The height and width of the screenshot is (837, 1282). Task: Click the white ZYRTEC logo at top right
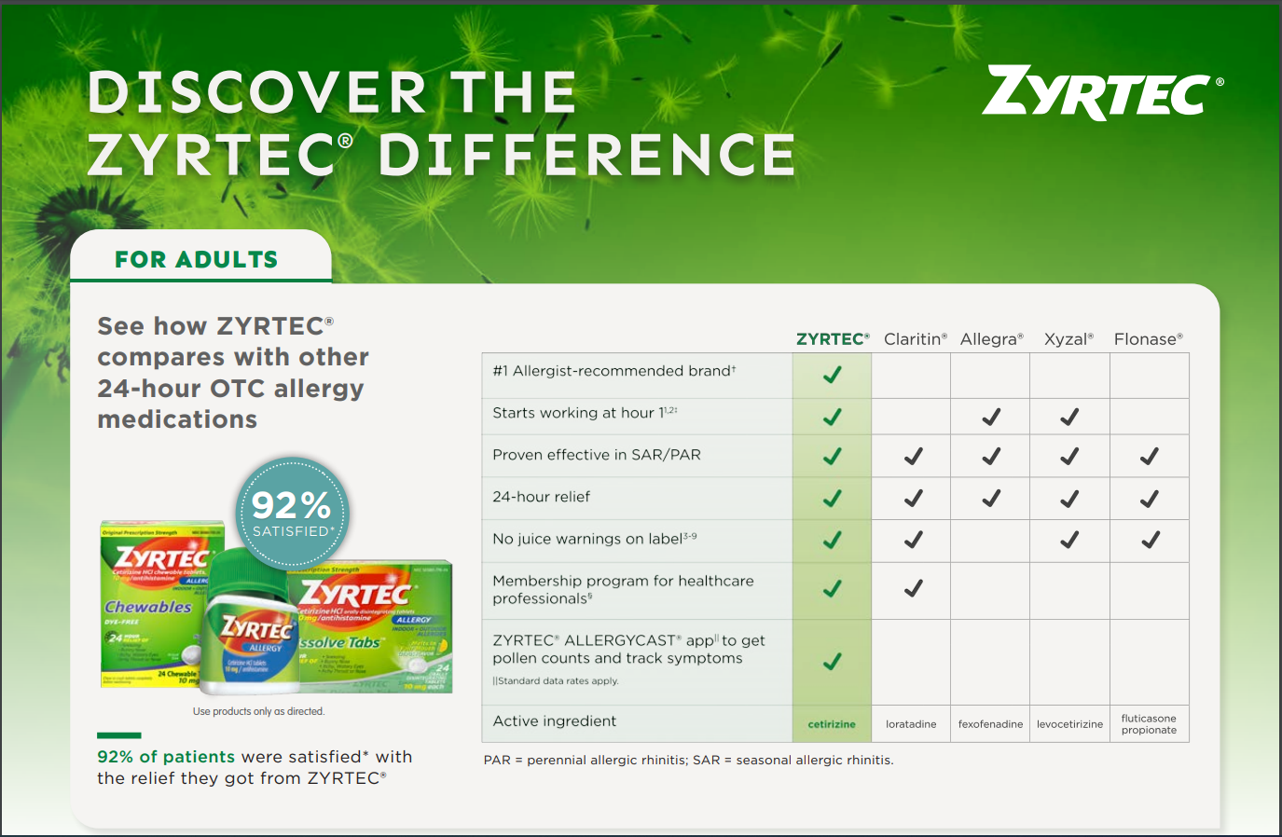click(x=1101, y=93)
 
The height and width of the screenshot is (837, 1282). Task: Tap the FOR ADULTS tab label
click(x=196, y=259)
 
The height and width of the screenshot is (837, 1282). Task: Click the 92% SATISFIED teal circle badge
click(x=292, y=513)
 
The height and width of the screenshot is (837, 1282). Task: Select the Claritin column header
click(x=915, y=339)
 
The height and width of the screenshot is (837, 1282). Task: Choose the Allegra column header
click(x=991, y=339)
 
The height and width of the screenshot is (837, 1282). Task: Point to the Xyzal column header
click(x=1068, y=339)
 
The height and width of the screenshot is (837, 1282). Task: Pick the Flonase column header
click(x=1148, y=339)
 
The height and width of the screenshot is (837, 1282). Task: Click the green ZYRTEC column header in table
click(x=832, y=339)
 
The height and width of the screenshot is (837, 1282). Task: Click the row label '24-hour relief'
click(x=541, y=497)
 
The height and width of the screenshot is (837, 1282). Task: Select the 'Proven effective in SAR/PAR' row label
click(x=596, y=455)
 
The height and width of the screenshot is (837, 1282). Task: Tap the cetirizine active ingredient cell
click(x=832, y=724)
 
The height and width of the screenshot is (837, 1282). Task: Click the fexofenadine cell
click(x=990, y=724)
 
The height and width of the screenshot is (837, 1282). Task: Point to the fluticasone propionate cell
click(x=1149, y=724)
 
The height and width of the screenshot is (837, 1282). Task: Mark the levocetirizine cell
click(x=1069, y=724)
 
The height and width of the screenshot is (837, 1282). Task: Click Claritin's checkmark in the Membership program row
click(x=913, y=588)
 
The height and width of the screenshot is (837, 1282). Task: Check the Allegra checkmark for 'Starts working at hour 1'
click(x=991, y=417)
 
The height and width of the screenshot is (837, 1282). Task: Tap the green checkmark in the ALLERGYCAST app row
click(x=832, y=662)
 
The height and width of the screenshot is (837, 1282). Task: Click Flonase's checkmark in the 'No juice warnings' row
click(x=1150, y=540)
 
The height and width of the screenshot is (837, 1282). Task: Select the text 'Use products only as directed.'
click(x=258, y=711)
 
